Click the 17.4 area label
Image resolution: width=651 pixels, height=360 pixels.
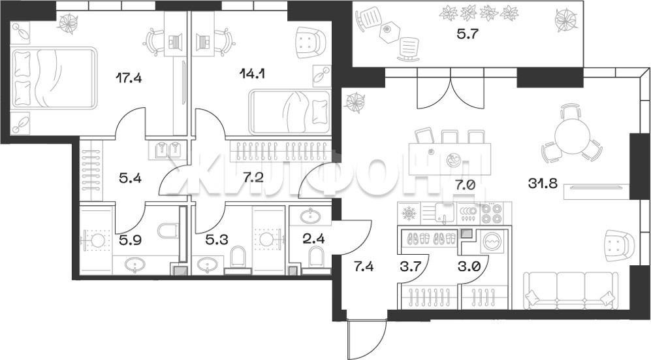[x=129, y=78]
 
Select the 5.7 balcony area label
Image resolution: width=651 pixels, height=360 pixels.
[x=468, y=34]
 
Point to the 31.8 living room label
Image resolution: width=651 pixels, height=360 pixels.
[x=542, y=183]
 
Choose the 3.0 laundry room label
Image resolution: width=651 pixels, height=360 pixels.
[x=469, y=266]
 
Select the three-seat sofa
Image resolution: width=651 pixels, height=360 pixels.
[x=569, y=290]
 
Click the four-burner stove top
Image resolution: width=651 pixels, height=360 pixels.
[x=492, y=214]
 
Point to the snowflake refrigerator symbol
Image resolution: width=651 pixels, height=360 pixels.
[x=409, y=214]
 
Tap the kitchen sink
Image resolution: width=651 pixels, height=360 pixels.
[x=444, y=214]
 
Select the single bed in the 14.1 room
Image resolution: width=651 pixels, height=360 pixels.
[x=289, y=112]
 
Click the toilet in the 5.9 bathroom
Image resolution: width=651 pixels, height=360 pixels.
[x=168, y=231]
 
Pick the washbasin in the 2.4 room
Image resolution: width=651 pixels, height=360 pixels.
[x=310, y=216]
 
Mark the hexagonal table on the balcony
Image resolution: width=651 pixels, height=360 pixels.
[x=389, y=29]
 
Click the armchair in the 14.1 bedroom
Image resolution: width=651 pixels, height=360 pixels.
[x=310, y=42]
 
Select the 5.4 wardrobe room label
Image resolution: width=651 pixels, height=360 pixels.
[x=131, y=179]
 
